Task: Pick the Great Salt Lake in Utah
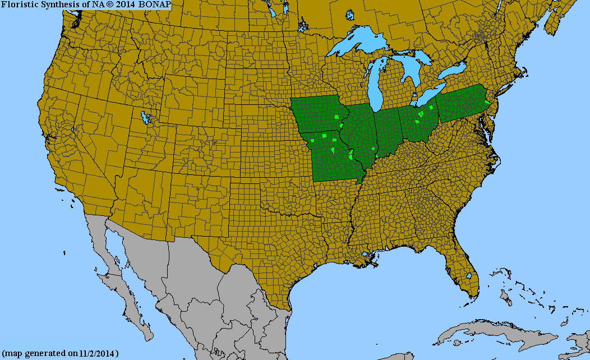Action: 147,118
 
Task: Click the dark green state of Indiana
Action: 387,132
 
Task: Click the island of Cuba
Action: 482,331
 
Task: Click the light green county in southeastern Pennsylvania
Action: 486,105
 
